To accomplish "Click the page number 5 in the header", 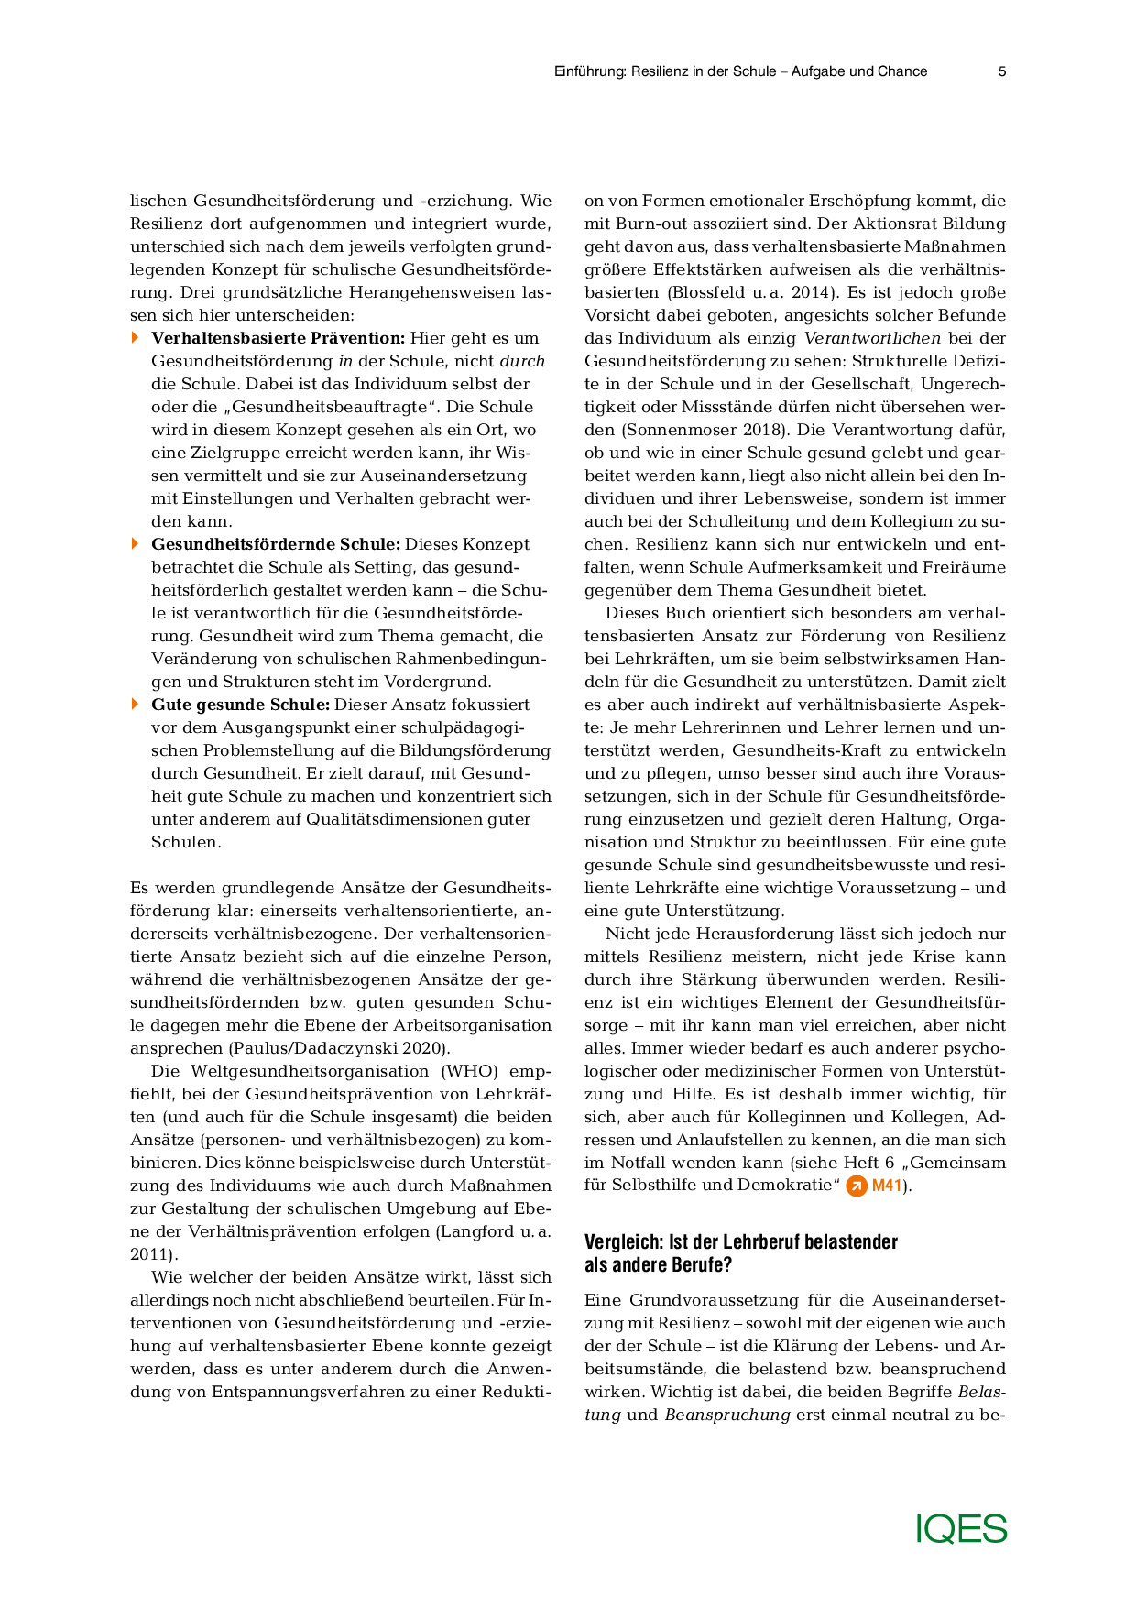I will pos(1002,71).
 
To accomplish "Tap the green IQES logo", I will pos(961,1529).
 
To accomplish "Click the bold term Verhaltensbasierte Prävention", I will pos(278,338).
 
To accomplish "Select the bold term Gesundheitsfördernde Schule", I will pos(276,544).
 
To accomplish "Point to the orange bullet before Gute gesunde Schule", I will pos(136,705).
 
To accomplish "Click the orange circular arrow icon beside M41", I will pos(857,1186).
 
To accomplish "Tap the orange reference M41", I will pos(888,1186).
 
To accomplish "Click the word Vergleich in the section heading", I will pos(623,1242).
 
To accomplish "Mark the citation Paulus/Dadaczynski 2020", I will pos(339,1048).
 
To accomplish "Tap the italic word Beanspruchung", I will pos(727,1415).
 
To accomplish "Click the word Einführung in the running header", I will pos(588,71).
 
